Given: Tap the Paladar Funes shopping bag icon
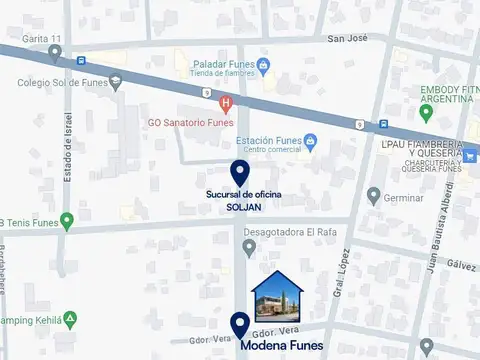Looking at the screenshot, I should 263,67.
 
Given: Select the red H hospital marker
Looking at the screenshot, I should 226,103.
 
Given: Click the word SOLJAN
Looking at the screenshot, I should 239,207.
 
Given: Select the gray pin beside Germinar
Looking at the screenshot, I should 374,195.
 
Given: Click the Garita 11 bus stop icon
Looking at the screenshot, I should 80,60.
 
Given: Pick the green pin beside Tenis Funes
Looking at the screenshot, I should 67,220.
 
